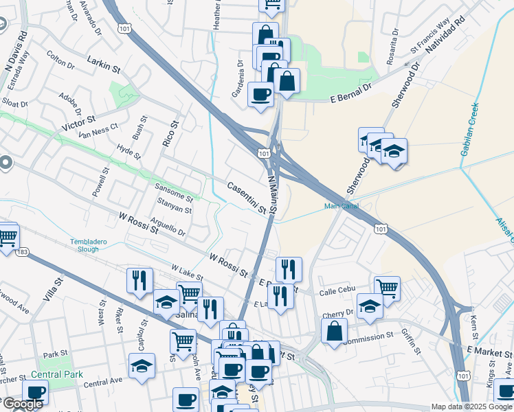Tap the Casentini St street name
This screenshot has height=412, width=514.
pos(246,197)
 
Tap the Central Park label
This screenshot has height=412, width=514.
pos(56,375)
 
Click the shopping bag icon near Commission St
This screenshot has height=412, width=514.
pos(333,331)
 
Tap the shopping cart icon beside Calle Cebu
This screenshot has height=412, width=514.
pos(388,288)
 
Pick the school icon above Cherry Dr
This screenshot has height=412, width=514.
pos(370,307)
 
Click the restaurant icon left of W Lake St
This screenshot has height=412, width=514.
pos(139,280)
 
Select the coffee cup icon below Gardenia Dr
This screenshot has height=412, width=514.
pos(260,94)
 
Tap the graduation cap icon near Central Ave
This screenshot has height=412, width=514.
pos(142,366)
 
